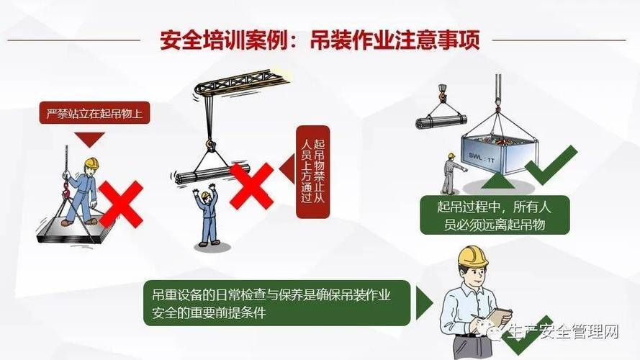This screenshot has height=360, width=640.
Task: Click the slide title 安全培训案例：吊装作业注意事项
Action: click(x=320, y=40)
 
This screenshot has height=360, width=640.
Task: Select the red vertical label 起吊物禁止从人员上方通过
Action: click(x=312, y=171)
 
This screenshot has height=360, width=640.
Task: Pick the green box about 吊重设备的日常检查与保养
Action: click(x=276, y=303)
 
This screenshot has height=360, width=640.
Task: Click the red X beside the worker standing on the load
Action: click(x=120, y=204)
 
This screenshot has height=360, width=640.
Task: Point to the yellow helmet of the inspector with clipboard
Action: click(x=473, y=256)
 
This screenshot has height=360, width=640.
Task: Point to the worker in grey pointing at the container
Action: click(x=449, y=173)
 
